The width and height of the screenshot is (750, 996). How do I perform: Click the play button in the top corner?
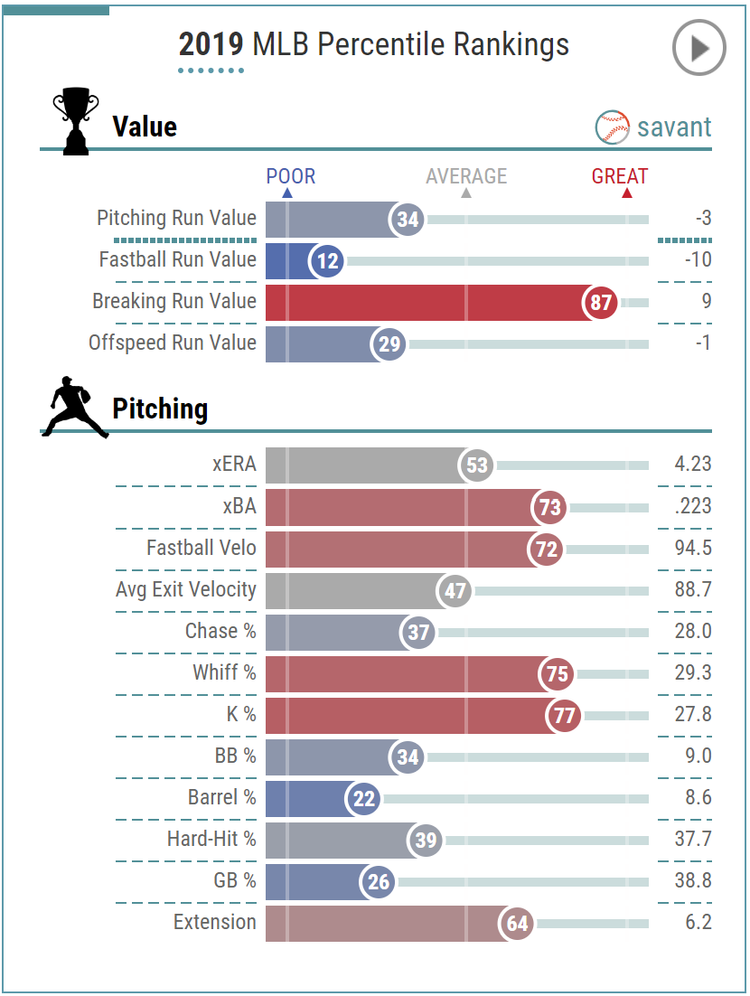pos(698,49)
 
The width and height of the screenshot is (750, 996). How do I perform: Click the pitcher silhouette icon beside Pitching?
pos(75,408)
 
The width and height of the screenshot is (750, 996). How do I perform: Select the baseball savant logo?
pos(653,127)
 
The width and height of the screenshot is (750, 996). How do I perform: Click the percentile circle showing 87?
pos(601,303)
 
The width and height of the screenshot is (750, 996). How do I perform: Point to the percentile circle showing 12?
pos(327,261)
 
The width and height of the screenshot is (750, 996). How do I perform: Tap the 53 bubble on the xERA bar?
pos(476,465)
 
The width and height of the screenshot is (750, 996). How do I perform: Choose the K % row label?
pos(241,714)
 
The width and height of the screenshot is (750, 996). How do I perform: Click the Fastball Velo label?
pos(202,548)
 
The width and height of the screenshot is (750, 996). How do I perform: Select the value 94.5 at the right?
pos(693,548)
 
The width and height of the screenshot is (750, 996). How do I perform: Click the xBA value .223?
pos(693,506)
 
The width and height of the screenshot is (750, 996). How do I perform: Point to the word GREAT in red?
pos(620,176)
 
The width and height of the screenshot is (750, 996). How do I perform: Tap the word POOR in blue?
pos(291,176)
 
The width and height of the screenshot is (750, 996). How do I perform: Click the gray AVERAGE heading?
pos(466,176)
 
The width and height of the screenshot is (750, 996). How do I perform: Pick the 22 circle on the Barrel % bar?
pos(363,798)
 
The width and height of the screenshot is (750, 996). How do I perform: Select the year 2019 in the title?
pos(211,44)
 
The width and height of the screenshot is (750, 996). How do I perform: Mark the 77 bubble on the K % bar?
pos(564,715)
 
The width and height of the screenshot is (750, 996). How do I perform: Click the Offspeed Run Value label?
pos(173,343)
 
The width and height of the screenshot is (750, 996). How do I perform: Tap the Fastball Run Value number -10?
pos(697,260)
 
